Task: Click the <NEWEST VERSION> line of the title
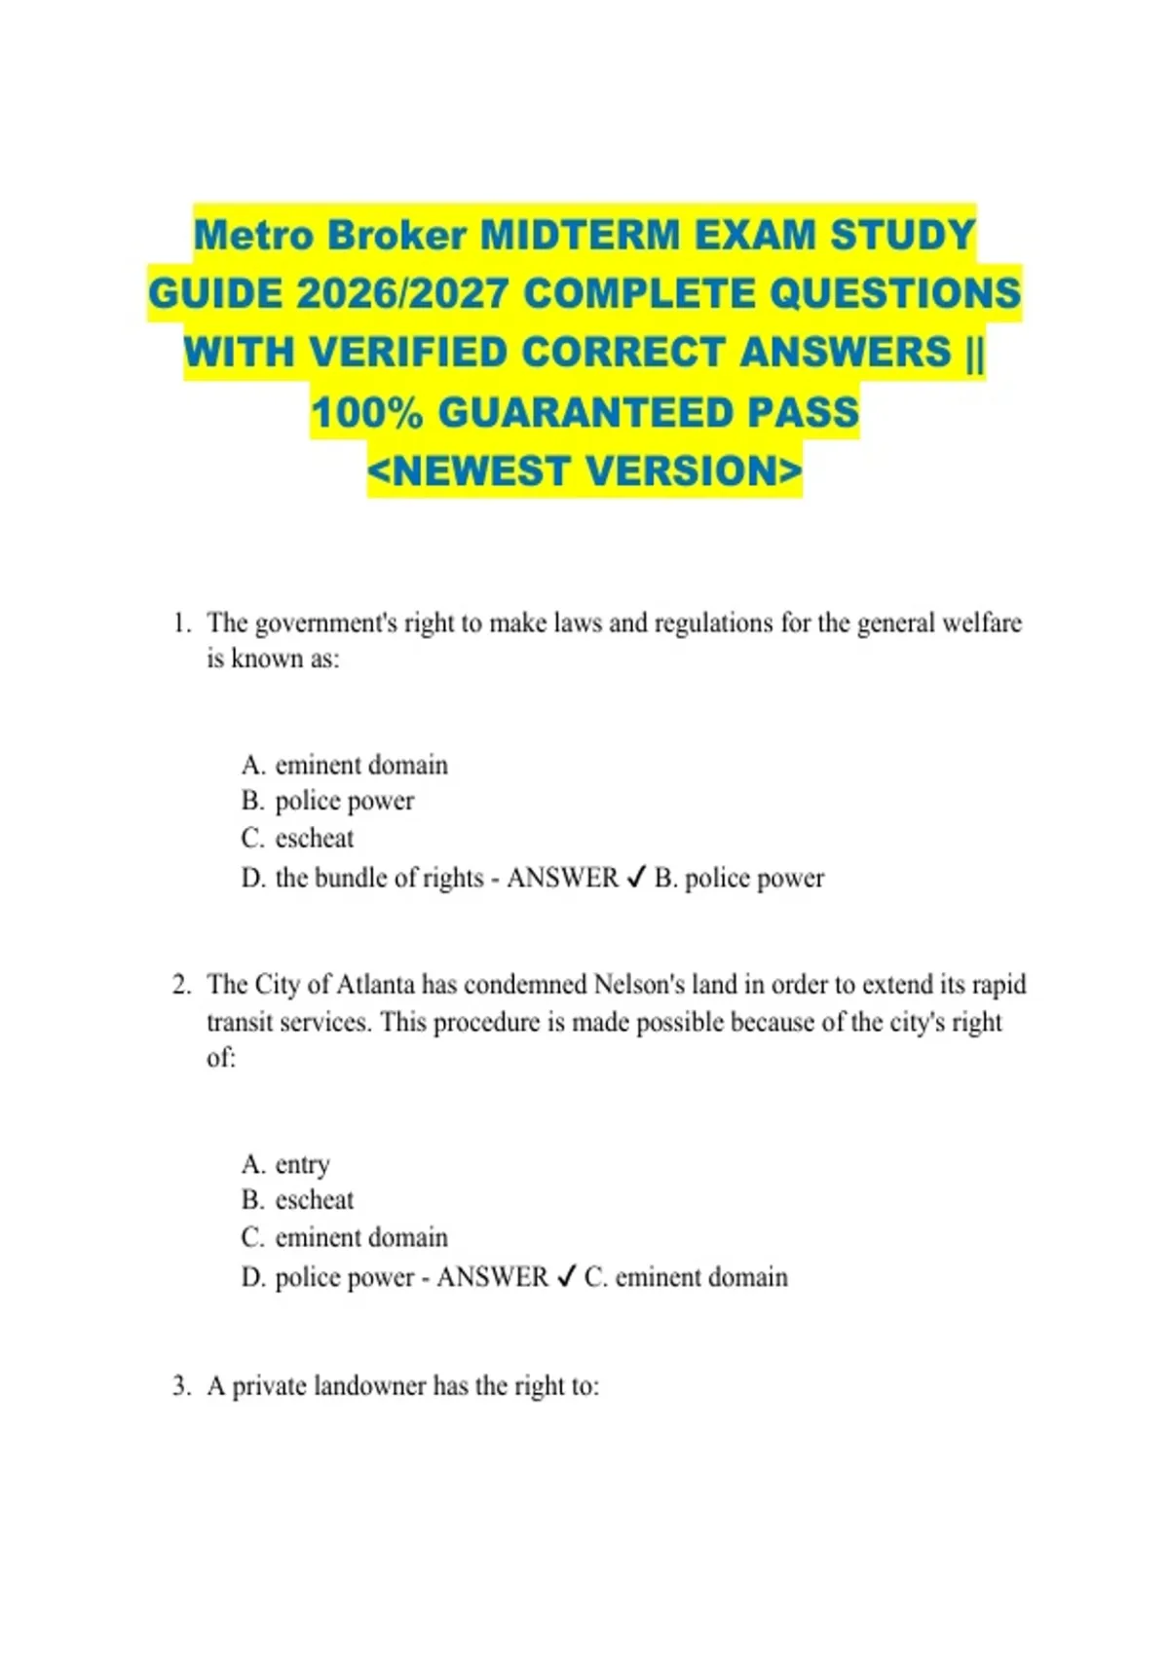(584, 471)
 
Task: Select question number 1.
(179, 623)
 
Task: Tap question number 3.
(179, 1386)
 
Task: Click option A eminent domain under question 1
(345, 765)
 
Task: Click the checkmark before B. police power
(635, 878)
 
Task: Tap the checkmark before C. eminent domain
(566, 1277)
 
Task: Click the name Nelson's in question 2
(636, 985)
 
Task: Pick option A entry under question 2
(286, 1164)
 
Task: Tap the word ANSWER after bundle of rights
(562, 878)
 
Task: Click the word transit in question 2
(240, 1022)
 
